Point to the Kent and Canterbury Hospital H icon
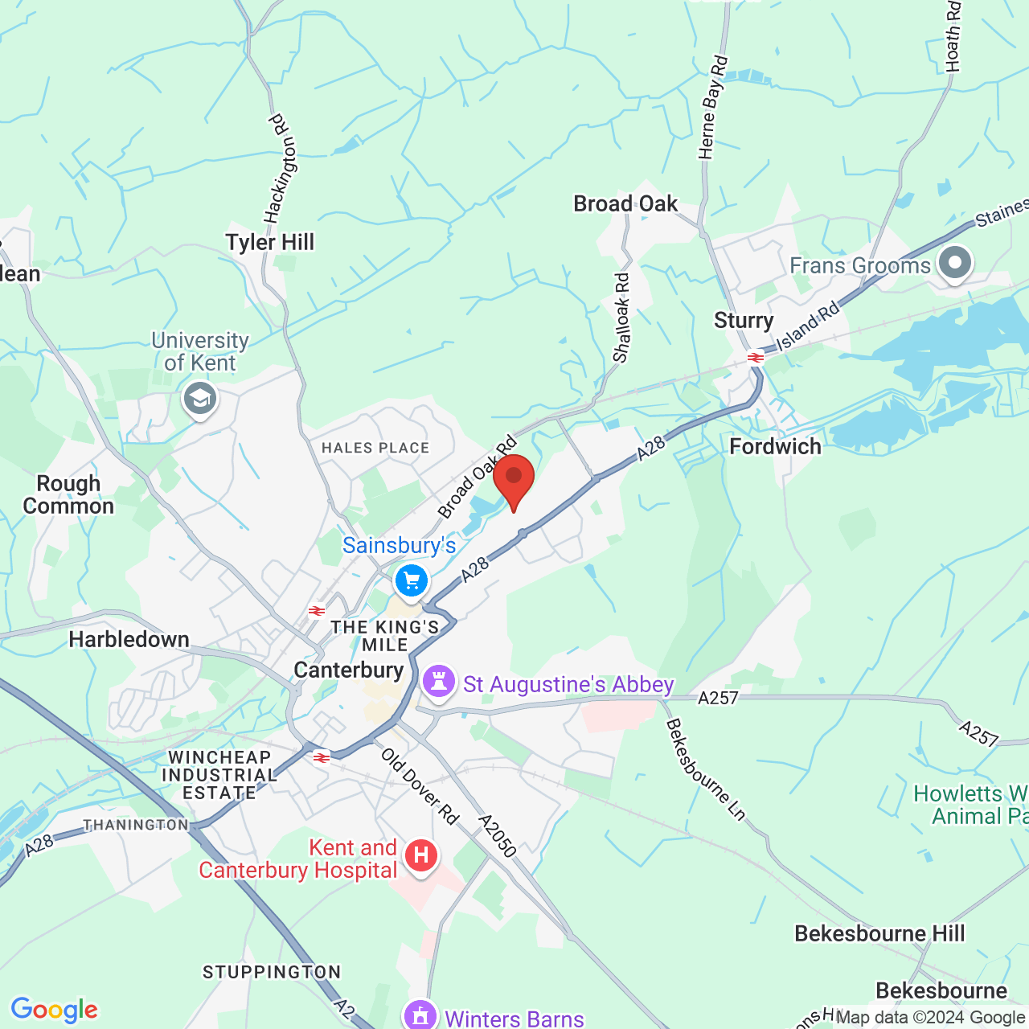point(421,856)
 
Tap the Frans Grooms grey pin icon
point(955,264)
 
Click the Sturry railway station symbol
point(755,358)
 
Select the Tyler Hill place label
point(269,242)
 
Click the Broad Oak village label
point(625,204)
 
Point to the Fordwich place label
point(775,446)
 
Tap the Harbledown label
point(129,639)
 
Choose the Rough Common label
point(68,494)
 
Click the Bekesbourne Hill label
point(879,933)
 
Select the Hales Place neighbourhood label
point(375,448)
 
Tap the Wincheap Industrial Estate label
point(219,775)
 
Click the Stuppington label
point(272,972)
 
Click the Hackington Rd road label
point(281,169)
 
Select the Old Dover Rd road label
point(419,787)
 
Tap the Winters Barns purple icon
point(420,1015)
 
